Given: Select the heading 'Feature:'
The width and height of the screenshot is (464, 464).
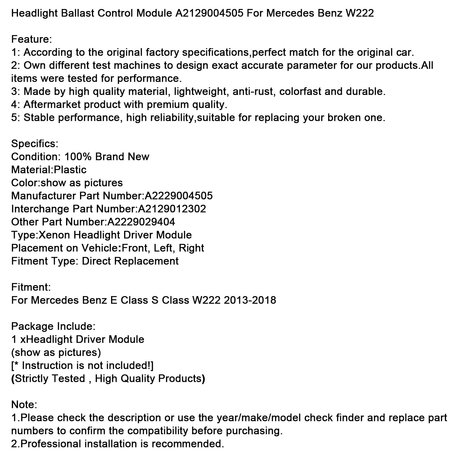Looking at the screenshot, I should coord(32,39).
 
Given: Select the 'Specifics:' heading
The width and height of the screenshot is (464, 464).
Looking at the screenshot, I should coord(35,144).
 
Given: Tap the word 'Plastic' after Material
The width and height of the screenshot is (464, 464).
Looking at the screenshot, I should coord(70,170).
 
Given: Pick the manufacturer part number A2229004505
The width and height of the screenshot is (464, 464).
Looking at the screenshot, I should coord(178,196).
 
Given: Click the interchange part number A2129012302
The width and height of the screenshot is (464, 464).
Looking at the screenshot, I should coord(172,209).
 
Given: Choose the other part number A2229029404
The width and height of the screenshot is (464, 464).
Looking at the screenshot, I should coord(141,222).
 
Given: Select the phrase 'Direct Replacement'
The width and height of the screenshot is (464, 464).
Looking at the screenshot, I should coord(130,261).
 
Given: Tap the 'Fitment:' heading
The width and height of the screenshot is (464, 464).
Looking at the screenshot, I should coord(31,287).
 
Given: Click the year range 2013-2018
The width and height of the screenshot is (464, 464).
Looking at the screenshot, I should coord(250,300).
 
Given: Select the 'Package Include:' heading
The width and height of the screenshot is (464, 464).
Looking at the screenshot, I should coord(53,326).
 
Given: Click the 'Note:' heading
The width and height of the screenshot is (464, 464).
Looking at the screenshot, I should coord(24,405).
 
